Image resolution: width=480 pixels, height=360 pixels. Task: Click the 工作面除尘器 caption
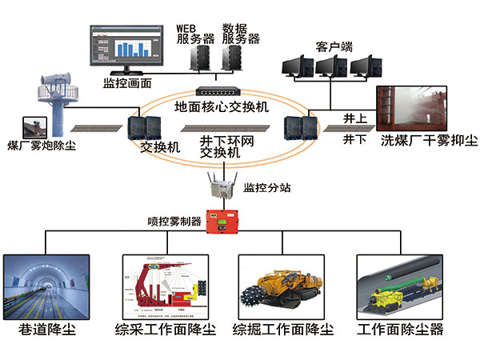coord(400,330)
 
